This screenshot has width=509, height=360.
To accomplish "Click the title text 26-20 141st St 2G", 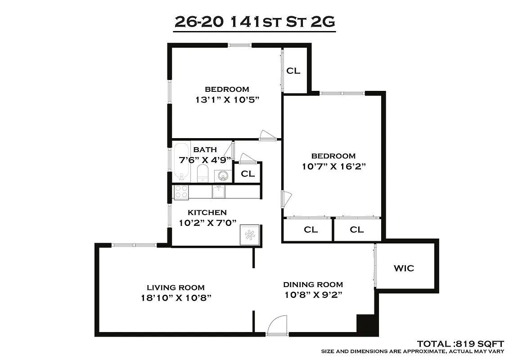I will (254, 22).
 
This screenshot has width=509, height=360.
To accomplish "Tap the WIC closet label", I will (404, 269).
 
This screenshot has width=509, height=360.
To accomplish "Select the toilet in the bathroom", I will (203, 173).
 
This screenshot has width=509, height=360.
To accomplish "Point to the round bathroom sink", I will (221, 175).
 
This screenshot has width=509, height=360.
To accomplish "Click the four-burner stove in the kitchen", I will (181, 192).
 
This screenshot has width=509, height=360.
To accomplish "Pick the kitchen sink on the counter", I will (219, 191).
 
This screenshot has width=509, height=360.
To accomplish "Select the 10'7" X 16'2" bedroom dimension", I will (333, 166).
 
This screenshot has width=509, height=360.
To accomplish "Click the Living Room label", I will (176, 288).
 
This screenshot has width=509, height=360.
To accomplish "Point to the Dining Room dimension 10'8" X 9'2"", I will (313, 295).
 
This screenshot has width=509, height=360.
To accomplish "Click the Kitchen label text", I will (207, 212).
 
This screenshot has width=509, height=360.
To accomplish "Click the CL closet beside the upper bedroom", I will (293, 71).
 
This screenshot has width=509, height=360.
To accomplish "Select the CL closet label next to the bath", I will (247, 174).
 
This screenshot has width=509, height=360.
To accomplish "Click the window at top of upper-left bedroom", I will (239, 45).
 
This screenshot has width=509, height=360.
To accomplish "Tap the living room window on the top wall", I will (134, 245).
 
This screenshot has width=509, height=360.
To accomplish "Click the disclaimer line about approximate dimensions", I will (412, 351).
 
